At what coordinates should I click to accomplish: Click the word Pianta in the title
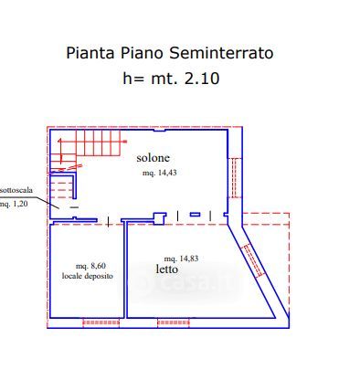point(90,53)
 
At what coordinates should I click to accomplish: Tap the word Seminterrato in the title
point(221,53)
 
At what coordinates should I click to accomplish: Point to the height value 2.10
point(202,79)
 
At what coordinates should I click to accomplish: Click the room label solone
point(153,158)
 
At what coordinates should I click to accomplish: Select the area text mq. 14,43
point(160,173)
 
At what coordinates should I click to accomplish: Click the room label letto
point(167,269)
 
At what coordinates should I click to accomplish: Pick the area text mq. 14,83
point(181,259)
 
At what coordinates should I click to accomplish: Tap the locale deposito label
point(88,276)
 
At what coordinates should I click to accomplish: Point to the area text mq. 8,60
point(90,266)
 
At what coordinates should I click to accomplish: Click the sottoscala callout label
point(16,190)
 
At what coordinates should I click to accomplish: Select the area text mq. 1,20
point(14,204)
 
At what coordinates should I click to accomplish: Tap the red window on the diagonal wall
point(252,260)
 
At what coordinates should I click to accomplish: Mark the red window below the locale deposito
point(101,322)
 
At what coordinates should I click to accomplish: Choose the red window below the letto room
point(174,322)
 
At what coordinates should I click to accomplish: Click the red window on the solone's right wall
point(235,177)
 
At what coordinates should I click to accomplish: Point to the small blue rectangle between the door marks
point(196,215)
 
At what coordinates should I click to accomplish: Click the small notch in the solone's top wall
point(160,131)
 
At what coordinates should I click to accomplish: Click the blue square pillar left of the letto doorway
point(159,218)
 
